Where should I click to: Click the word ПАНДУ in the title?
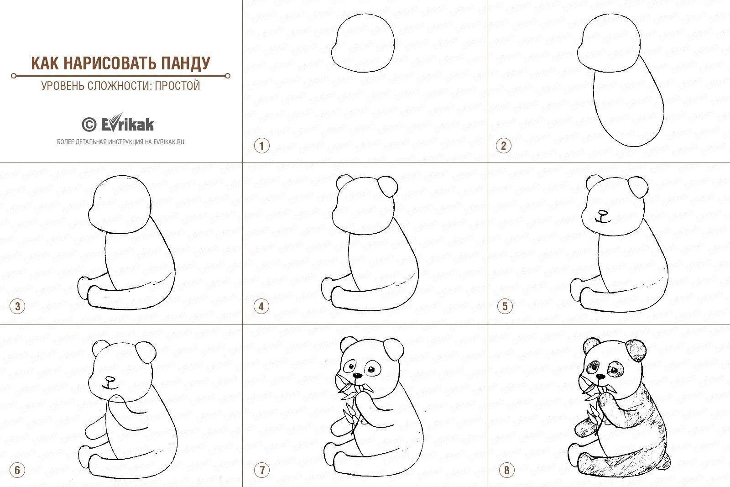tap(185, 63)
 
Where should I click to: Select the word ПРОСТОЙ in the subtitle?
tap(177, 86)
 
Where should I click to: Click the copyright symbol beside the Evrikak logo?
tap(89, 125)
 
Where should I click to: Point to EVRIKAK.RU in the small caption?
tap(169, 142)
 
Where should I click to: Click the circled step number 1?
tap(262, 146)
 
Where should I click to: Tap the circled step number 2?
tap(504, 146)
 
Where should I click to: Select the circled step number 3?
tap(18, 306)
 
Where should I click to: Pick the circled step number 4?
tap(261, 306)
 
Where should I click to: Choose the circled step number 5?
tap(505, 306)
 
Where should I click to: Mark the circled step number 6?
tap(18, 470)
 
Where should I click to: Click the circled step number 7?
tap(262, 470)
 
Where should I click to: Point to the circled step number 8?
tap(506, 470)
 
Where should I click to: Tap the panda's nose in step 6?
tap(110, 379)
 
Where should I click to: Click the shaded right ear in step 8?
tap(636, 350)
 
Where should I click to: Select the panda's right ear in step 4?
tap(388, 187)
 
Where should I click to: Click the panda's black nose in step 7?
tap(358, 376)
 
